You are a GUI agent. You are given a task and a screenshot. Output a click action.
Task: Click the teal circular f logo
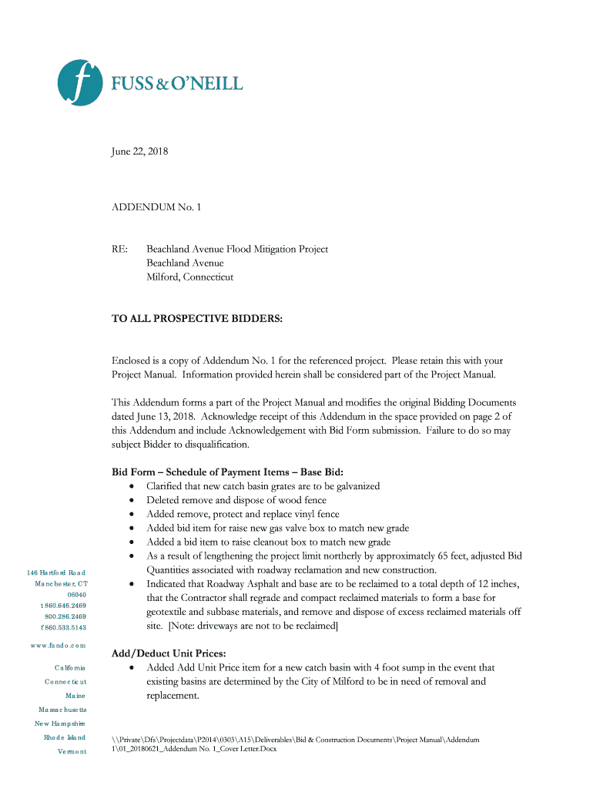coord(81,82)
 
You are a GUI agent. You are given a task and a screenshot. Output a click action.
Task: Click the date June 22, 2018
coord(139,152)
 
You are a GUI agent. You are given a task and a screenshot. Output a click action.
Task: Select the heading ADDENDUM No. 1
coord(157,207)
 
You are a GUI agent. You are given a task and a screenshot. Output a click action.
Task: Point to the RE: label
coord(120,249)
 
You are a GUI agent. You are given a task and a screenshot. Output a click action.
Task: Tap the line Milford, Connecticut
coord(189,277)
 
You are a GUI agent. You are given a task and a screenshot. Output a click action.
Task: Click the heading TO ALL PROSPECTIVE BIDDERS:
coord(197,318)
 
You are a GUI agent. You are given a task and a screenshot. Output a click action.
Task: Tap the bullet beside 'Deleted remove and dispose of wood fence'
coord(134,501)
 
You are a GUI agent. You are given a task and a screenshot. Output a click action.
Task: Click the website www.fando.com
coord(59,645)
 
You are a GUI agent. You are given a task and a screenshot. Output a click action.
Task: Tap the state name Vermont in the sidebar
coord(72,751)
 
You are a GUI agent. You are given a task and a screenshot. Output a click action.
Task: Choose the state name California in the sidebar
coord(70,667)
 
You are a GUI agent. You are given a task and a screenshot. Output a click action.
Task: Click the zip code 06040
coord(76,595)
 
